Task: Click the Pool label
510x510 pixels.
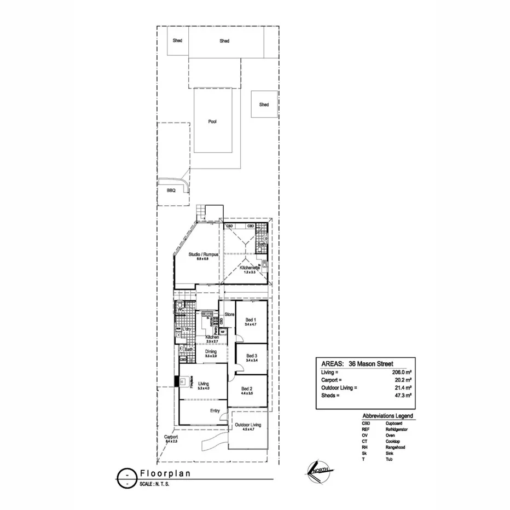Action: pyautogui.click(x=212, y=121)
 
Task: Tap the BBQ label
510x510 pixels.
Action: pyautogui.click(x=171, y=191)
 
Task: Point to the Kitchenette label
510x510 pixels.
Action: pyautogui.click(x=250, y=268)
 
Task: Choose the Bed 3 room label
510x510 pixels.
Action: pyautogui.click(x=251, y=355)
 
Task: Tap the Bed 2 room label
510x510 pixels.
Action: pyautogui.click(x=246, y=388)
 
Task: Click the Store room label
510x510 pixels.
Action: pyautogui.click(x=230, y=315)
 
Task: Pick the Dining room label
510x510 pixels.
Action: pyautogui.click(x=211, y=351)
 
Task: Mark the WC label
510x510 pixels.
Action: pyautogui.click(x=179, y=310)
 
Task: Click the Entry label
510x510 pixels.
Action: pyautogui.click(x=215, y=410)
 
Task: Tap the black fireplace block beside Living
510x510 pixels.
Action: pyautogui.click(x=177, y=382)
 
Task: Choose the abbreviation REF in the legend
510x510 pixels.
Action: pyautogui.click(x=366, y=430)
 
